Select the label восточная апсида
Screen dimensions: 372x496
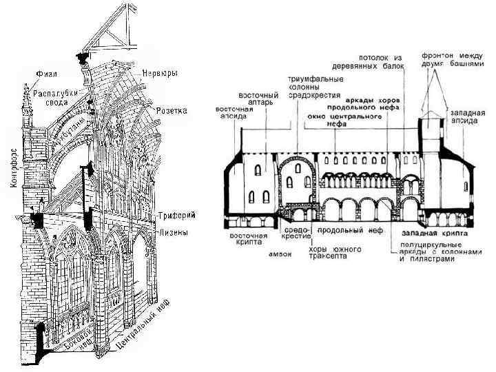236,114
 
